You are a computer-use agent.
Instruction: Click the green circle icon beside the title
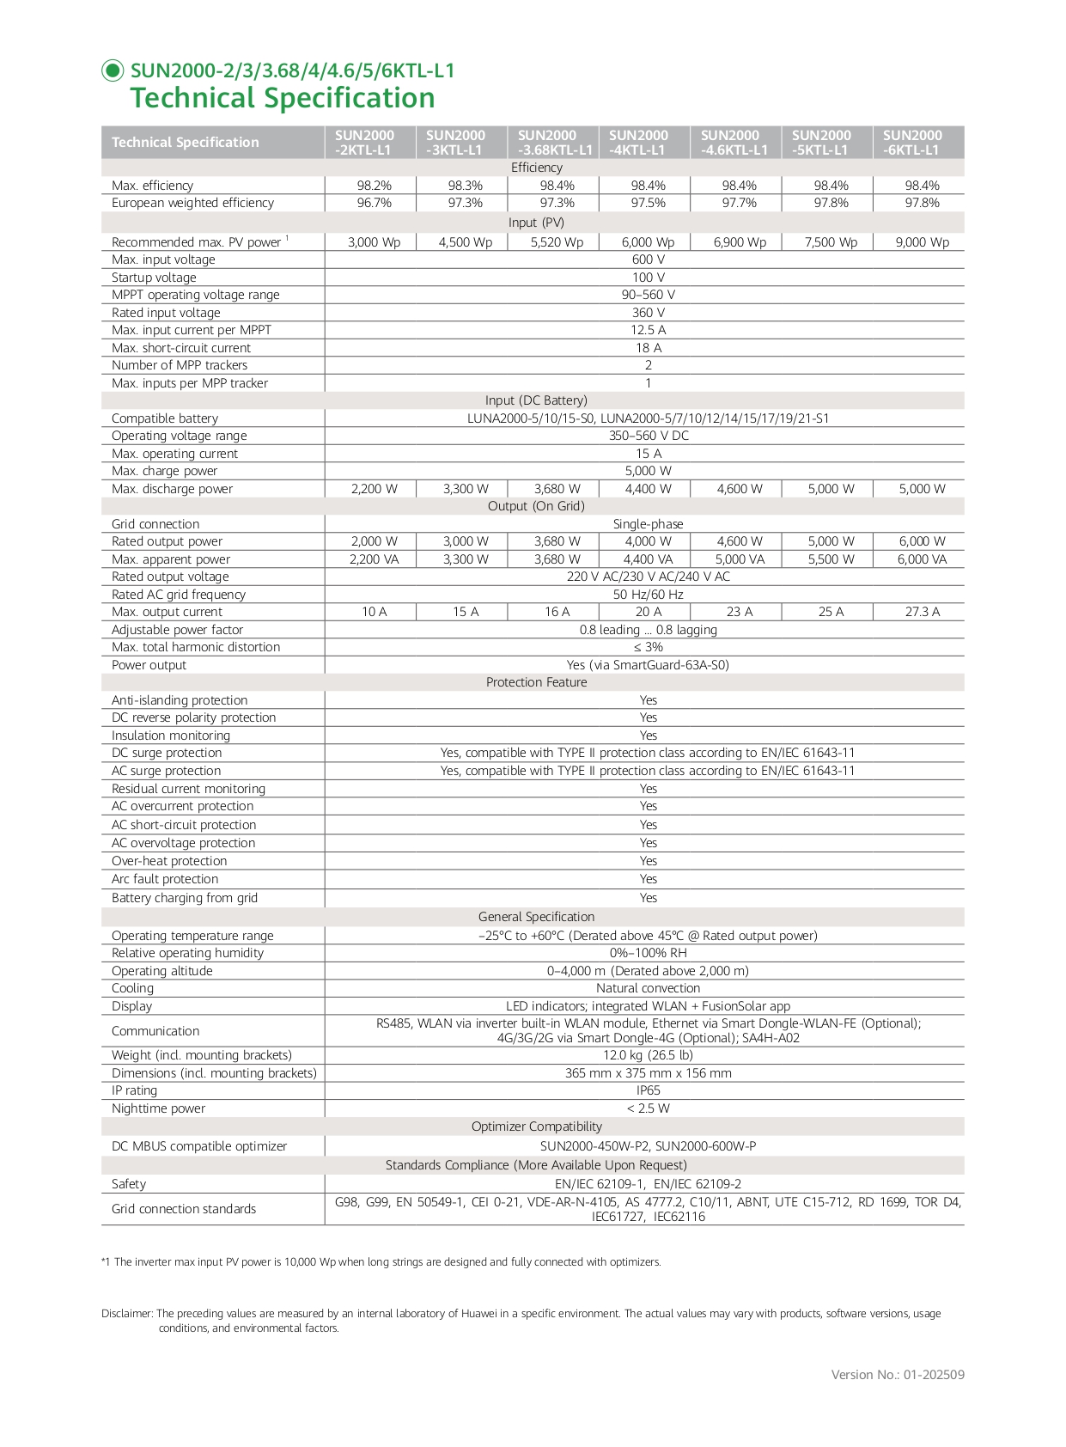point(113,70)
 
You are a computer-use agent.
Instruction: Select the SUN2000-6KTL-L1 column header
point(912,143)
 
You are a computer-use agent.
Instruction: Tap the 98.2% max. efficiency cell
point(374,186)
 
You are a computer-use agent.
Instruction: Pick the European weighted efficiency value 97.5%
point(648,203)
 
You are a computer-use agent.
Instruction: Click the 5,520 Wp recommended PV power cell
point(557,242)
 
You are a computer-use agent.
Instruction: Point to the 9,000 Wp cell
point(922,242)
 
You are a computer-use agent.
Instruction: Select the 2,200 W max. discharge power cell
point(374,489)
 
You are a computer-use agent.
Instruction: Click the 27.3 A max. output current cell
point(922,612)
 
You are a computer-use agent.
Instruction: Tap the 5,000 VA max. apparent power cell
point(740,559)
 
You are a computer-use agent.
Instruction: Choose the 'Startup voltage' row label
point(154,278)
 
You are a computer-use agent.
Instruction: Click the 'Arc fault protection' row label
point(165,879)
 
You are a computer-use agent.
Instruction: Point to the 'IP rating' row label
point(134,1090)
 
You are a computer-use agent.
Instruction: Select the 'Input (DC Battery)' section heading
point(536,400)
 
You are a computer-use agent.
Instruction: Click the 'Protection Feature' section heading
point(536,682)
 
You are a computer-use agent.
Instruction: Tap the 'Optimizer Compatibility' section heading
point(536,1126)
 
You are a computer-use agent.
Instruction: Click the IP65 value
point(648,1090)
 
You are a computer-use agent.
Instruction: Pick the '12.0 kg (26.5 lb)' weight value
point(648,1055)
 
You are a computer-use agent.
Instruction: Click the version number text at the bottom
point(897,1375)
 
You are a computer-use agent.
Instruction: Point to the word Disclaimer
point(126,1314)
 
